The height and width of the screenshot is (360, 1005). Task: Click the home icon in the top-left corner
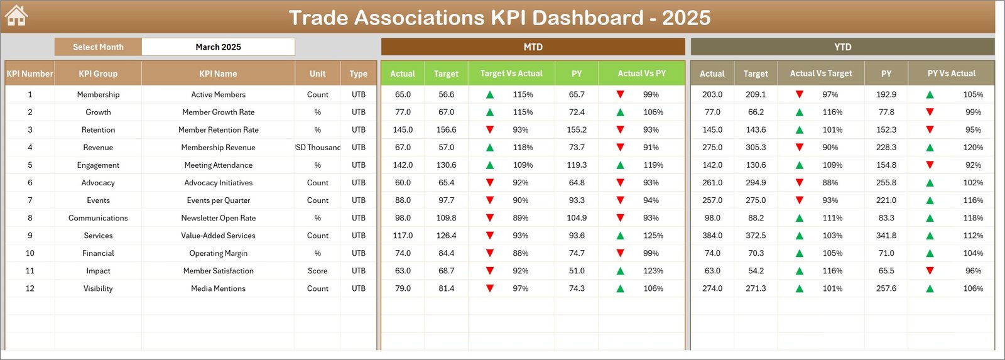click(x=16, y=16)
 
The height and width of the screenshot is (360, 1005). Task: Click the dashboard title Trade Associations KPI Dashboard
click(x=499, y=18)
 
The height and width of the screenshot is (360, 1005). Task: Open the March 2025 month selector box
click(x=218, y=47)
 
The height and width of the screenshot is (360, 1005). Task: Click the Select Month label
click(x=98, y=47)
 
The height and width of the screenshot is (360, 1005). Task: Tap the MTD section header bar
click(x=533, y=47)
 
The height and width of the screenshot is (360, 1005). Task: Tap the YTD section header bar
click(x=842, y=47)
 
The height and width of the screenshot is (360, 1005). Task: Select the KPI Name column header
click(x=218, y=74)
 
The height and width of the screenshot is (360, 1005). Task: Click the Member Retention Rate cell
click(x=218, y=130)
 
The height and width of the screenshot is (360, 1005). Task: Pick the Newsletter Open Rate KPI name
click(x=218, y=218)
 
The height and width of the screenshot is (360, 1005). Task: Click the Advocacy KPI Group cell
click(x=98, y=183)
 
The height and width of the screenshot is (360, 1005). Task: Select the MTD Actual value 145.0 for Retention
click(x=403, y=130)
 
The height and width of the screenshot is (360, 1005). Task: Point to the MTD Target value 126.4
click(x=446, y=236)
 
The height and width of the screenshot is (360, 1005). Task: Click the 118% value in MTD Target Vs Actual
click(x=523, y=148)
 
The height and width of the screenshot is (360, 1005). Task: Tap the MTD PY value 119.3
click(x=577, y=165)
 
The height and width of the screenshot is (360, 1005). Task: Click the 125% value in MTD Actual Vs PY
click(x=653, y=236)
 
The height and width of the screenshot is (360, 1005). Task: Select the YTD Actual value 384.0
click(x=712, y=236)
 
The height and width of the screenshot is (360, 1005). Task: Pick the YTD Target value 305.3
click(x=756, y=148)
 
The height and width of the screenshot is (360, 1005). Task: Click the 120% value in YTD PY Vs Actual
click(x=973, y=148)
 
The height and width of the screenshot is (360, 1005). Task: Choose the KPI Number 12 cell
click(x=30, y=288)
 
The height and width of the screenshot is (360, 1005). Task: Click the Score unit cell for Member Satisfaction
click(x=317, y=271)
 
